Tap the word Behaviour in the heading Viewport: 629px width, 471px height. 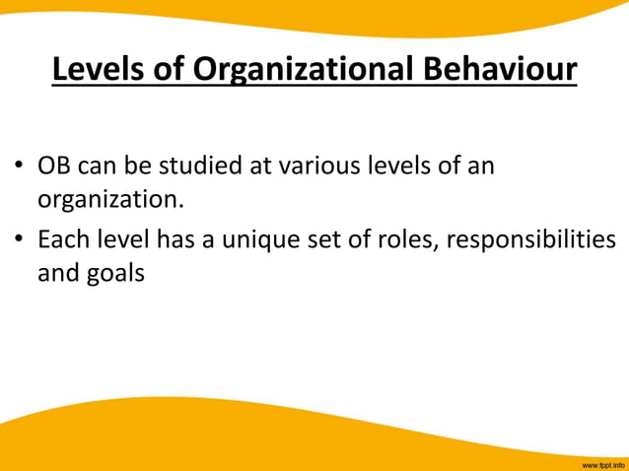tap(500, 69)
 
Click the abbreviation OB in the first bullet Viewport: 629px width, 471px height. tap(54, 166)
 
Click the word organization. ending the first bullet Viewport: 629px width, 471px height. tap(110, 199)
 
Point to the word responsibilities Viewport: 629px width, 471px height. tap(531, 239)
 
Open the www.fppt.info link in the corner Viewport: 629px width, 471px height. tap(602, 463)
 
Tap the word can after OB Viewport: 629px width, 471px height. tap(104, 166)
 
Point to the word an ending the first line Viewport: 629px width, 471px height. tap(480, 166)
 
